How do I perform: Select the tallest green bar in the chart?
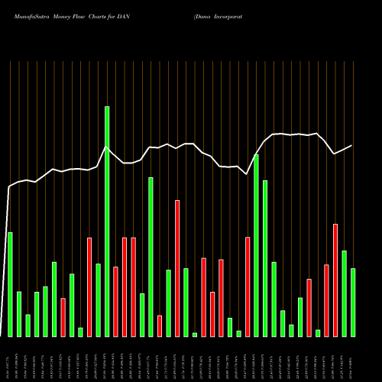coord(107,222)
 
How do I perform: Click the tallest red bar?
coord(177,268)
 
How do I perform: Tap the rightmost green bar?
coord(353,303)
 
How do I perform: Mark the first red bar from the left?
coord(63,317)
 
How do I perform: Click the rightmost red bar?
coord(335,280)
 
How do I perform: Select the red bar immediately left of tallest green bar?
coord(89,287)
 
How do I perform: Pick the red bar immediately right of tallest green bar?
coord(115,302)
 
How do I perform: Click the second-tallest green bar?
coord(256,245)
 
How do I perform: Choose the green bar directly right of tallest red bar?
coord(186,303)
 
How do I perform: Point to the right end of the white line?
coord(352,145)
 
